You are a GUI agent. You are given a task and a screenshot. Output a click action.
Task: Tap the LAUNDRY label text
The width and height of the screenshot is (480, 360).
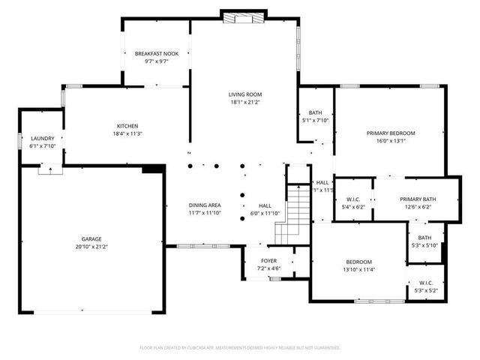(43, 138)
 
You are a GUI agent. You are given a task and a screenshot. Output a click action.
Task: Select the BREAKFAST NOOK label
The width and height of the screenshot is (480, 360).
(156, 54)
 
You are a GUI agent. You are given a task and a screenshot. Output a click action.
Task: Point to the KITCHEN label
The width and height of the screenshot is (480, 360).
(127, 126)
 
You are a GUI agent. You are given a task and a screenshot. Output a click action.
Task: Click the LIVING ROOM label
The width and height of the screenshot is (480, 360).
(244, 94)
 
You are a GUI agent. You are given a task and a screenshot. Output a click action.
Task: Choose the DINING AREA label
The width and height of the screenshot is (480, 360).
(204, 205)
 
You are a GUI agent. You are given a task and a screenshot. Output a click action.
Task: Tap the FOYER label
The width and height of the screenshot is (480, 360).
(268, 261)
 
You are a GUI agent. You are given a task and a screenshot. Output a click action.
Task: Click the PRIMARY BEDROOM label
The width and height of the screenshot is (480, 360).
(390, 133)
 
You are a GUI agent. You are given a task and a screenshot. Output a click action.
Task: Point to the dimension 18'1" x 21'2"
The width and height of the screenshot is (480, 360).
(244, 103)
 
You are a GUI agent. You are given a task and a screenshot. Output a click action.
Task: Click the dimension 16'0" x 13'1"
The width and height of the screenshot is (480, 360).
(390, 140)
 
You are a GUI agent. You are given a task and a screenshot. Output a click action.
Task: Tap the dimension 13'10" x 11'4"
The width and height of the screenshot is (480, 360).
(358, 270)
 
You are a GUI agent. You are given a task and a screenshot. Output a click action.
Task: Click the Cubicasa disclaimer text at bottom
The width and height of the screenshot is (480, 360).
(240, 348)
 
